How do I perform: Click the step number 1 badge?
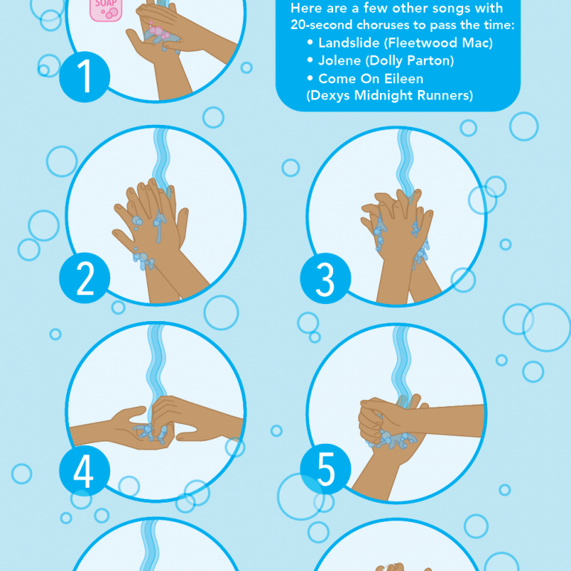click(x=85, y=77)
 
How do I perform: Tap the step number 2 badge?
click(x=85, y=279)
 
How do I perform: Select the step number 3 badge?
click(x=325, y=280)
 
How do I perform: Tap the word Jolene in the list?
click(x=339, y=60)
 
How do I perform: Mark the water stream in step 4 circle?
click(x=156, y=357)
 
